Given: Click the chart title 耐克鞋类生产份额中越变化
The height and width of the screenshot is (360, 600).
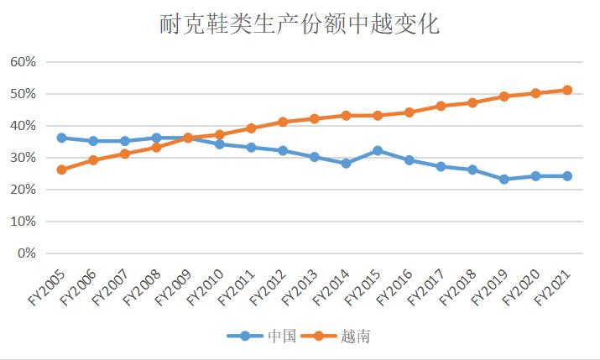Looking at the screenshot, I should click(x=300, y=24).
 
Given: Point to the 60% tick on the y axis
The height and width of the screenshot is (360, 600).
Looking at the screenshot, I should click(x=22, y=62).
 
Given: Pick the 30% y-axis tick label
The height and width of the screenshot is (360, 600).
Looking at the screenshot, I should click(x=22, y=158).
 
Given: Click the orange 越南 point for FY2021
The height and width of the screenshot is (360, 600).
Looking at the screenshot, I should click(x=567, y=90).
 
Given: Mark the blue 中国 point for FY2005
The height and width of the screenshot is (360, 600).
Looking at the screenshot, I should click(x=61, y=138).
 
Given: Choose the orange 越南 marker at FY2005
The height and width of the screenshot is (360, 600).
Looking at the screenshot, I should click(x=61, y=170).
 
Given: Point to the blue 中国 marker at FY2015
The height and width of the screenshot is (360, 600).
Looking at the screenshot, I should click(x=378, y=150).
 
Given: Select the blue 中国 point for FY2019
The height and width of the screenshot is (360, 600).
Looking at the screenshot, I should click(x=504, y=179).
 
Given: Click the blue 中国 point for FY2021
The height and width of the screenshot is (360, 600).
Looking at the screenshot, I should click(x=567, y=176).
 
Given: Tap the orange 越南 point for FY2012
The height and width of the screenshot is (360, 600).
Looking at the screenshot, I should click(x=283, y=122).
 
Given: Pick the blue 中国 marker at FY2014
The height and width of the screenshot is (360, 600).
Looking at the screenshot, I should click(x=346, y=163).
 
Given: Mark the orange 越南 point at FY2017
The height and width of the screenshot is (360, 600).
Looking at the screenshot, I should click(x=441, y=106).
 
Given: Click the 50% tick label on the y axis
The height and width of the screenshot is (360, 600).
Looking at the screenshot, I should click(x=22, y=94).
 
